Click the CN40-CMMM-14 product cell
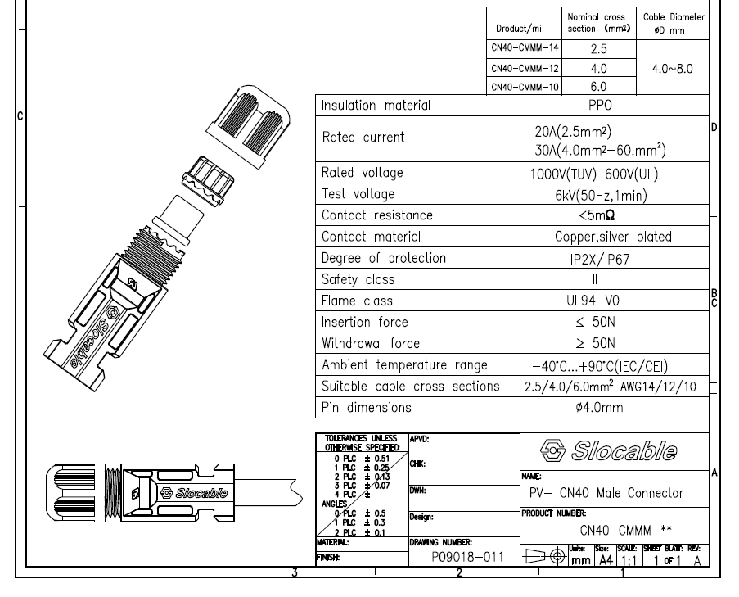tap(524, 48)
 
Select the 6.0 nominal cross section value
tap(598, 86)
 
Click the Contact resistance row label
tap(377, 215)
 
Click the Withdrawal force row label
tap(371, 343)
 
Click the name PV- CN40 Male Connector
tap(604, 492)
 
